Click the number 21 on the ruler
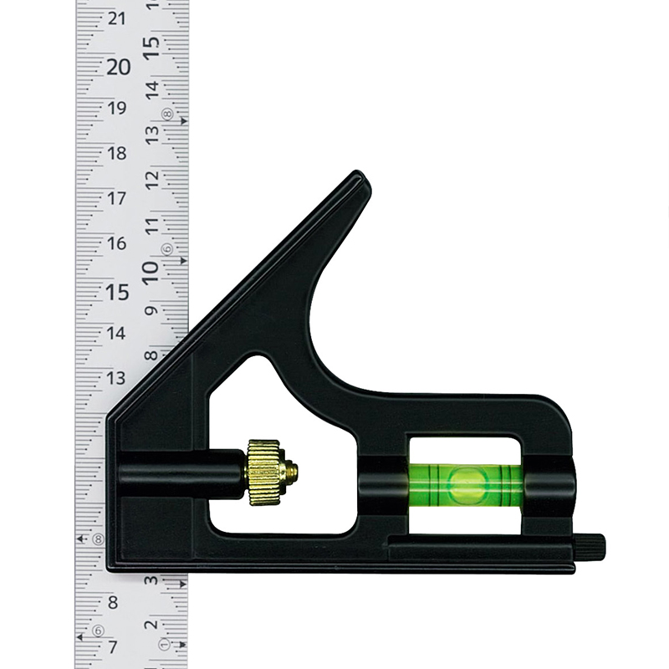pyautogui.click(x=116, y=18)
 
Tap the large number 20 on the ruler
pyautogui.click(x=118, y=67)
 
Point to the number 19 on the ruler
pyautogui.click(x=116, y=109)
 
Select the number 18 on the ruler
pyautogui.click(x=116, y=153)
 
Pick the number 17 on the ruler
pyautogui.click(x=116, y=198)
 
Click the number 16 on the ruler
pyautogui.click(x=116, y=243)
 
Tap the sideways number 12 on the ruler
pyautogui.click(x=152, y=179)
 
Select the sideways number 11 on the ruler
pyautogui.click(x=152, y=225)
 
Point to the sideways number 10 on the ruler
pyautogui.click(x=151, y=272)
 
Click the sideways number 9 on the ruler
pyautogui.click(x=152, y=310)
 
